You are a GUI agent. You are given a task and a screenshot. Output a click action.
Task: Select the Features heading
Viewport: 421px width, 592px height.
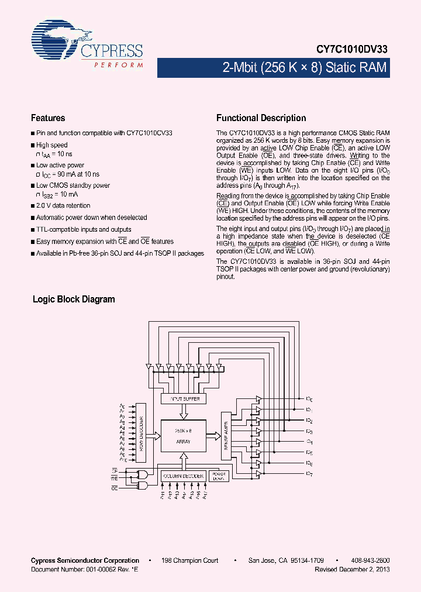coord(48,118)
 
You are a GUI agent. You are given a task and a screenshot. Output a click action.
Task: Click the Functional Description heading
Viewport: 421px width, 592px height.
coord(261,118)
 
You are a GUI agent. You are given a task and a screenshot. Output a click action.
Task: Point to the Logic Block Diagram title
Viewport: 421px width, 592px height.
coord(74,300)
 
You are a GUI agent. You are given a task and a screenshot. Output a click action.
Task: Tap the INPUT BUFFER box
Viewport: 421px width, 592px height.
coord(184,398)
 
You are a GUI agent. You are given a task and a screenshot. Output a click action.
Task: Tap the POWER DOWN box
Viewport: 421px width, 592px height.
coord(218,476)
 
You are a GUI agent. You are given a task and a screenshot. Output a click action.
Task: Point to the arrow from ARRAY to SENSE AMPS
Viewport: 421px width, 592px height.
coord(214,436)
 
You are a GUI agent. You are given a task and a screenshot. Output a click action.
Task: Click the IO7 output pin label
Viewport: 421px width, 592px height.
coord(309,474)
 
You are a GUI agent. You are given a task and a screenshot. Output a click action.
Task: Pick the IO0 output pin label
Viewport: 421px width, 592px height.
coord(309,400)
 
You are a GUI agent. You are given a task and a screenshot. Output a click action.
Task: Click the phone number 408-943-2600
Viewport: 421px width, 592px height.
coord(371,560)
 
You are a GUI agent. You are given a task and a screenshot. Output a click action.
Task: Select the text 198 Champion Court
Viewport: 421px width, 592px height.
coord(191,560)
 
